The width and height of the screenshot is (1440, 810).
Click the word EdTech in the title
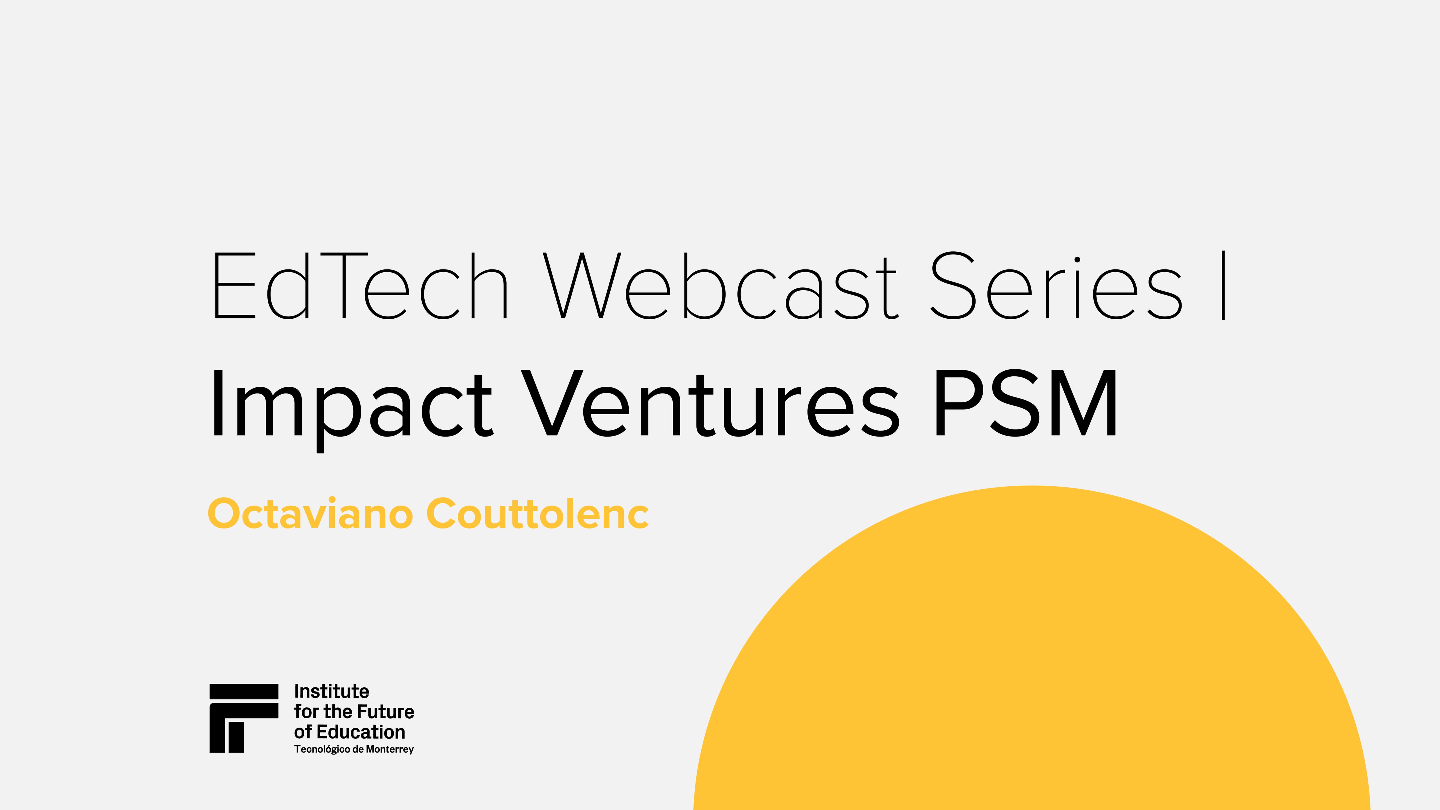pyautogui.click(x=359, y=286)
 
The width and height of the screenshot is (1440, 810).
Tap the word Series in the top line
pyautogui.click(x=1056, y=286)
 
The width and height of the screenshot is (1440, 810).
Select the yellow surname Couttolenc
pyautogui.click(x=537, y=513)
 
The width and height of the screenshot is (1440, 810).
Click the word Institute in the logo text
pyautogui.click(x=332, y=692)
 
